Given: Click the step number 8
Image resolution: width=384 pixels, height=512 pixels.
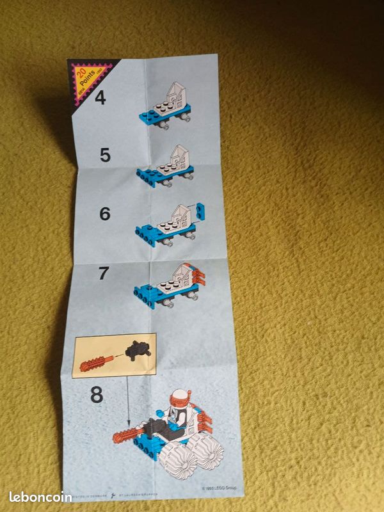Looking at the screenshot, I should click(96, 395).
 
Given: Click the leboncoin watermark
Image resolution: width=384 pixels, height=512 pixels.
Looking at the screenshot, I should click(40, 497).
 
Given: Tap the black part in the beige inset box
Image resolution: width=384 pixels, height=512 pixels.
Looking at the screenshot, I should click(137, 349).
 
